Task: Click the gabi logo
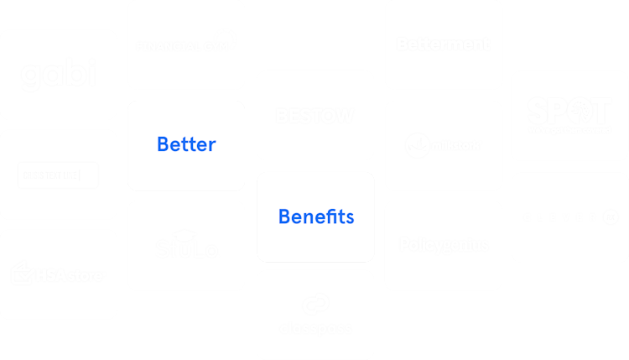click(58, 75)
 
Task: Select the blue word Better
click(186, 144)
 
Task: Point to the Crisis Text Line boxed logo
click(58, 175)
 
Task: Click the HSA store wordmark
click(70, 275)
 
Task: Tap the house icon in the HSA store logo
click(20, 273)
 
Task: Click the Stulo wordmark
click(185, 249)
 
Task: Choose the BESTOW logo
click(315, 116)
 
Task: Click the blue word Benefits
click(315, 217)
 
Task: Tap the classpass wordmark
click(315, 328)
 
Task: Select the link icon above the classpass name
click(315, 304)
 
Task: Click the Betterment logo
click(443, 44)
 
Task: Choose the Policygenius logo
click(443, 245)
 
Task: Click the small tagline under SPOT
click(569, 130)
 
